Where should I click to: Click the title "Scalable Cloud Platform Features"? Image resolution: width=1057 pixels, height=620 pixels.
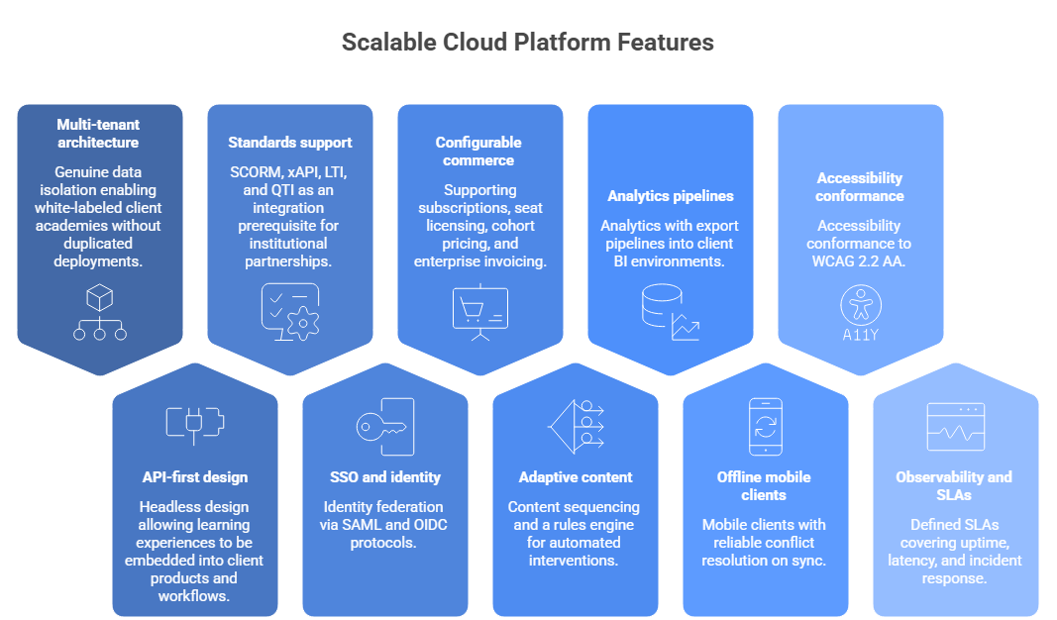click(527, 42)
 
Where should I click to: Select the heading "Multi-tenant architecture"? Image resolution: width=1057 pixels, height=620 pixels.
click(98, 134)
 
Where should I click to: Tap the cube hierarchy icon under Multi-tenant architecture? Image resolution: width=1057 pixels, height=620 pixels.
click(100, 311)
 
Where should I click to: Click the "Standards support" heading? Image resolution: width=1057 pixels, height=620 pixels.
click(290, 143)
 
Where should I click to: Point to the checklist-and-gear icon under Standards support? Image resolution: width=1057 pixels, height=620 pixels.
click(290, 311)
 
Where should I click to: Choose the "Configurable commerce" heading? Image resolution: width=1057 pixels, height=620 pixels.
click(478, 152)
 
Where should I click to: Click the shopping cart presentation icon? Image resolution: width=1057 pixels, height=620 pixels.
click(480, 312)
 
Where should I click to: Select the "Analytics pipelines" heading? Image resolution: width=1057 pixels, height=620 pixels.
click(671, 196)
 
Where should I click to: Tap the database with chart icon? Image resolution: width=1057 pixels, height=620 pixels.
click(671, 312)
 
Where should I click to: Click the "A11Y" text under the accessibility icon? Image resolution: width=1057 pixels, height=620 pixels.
click(861, 335)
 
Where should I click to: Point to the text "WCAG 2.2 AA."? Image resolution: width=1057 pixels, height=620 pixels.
click(859, 261)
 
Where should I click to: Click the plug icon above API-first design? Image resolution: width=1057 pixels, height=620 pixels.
click(195, 425)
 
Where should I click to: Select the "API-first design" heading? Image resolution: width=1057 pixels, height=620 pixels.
click(195, 477)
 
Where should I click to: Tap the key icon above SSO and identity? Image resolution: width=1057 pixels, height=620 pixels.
click(385, 427)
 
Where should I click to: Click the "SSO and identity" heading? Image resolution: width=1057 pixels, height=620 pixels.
click(385, 477)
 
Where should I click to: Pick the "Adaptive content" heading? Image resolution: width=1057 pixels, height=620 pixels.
click(576, 477)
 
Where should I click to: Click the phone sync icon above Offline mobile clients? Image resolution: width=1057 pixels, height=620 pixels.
click(766, 427)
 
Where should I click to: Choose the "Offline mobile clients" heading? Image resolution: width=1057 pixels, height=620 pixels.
click(764, 486)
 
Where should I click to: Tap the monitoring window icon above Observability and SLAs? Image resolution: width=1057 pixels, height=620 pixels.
click(956, 427)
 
